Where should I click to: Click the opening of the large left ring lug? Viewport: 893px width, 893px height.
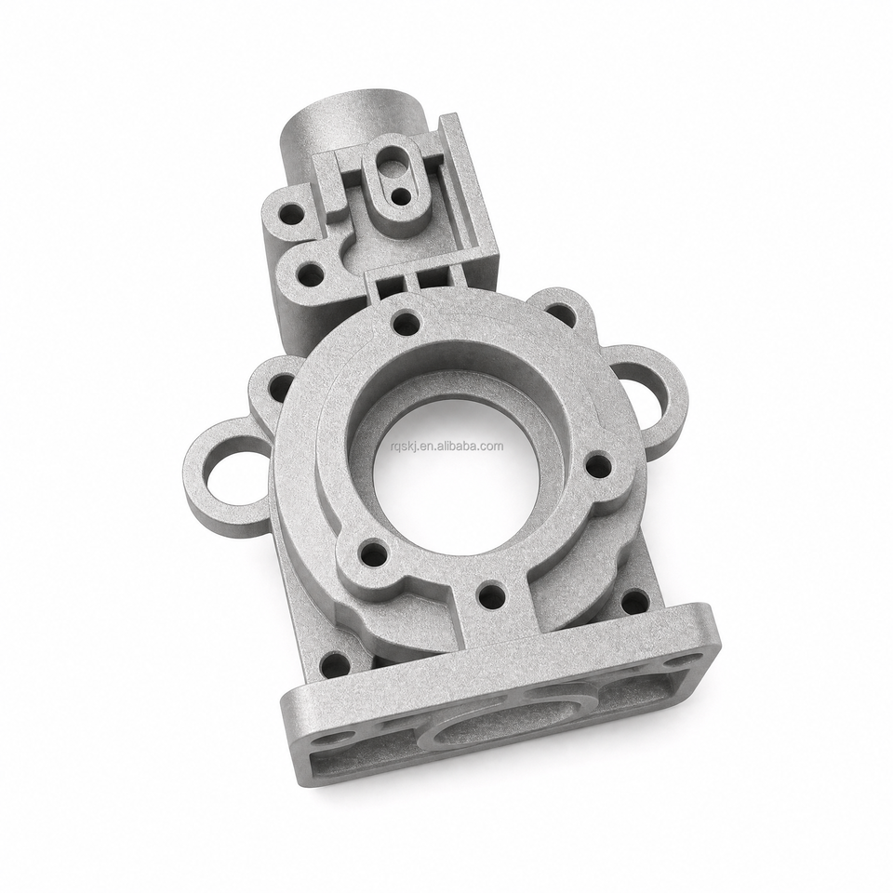(x=232, y=476)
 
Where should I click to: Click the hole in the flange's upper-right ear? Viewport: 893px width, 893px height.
(x=562, y=314)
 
